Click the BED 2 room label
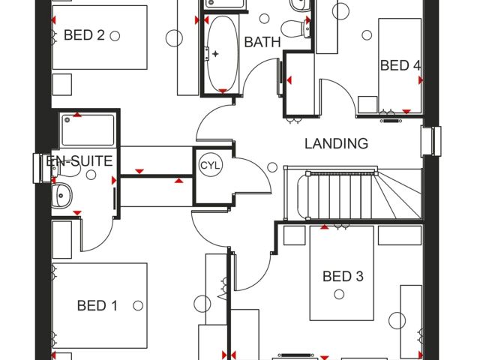tap(84, 35)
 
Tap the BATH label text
tap(262, 42)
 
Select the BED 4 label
tap(400, 65)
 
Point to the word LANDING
tap(336, 143)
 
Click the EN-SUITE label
tap(79, 160)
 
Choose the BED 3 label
tap(343, 277)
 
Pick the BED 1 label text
tap(97, 305)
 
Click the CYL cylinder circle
tap(210, 165)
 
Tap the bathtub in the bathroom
tap(222, 52)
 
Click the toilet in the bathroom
tap(305, 27)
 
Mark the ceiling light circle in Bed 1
tap(138, 305)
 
